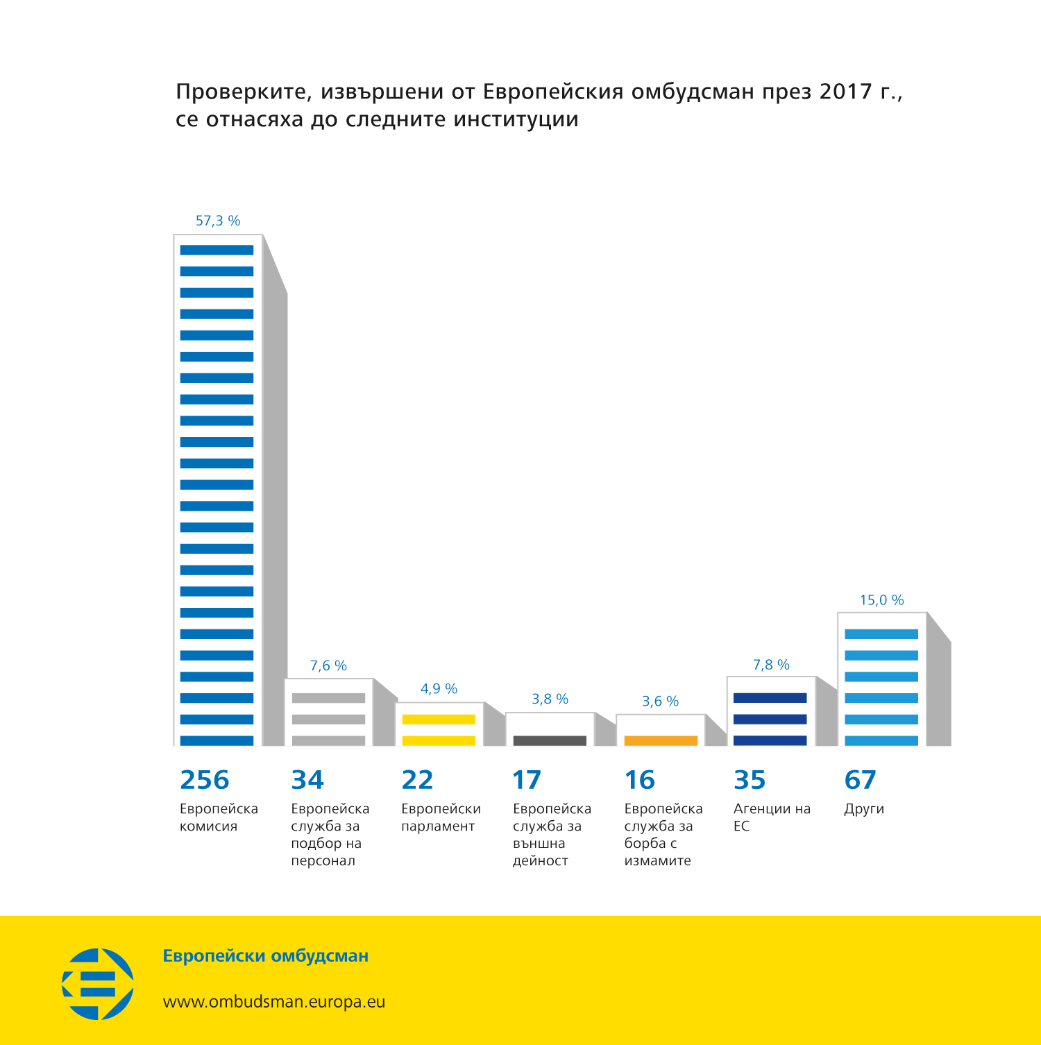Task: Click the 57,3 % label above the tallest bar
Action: (218, 221)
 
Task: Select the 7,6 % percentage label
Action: (328, 665)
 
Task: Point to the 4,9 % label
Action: (439, 688)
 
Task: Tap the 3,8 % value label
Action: (550, 699)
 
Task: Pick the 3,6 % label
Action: (660, 701)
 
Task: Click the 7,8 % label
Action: (771, 665)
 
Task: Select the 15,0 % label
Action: (881, 600)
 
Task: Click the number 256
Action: (204, 780)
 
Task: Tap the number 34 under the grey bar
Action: (307, 780)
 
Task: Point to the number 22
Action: (417, 780)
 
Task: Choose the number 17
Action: (527, 780)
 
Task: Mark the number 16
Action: (639, 780)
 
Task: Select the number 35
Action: (750, 780)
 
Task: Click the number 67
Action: (860, 780)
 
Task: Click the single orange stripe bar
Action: (661, 740)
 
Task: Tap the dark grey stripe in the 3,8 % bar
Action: (550, 740)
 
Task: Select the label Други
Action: (864, 809)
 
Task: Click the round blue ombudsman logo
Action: (98, 984)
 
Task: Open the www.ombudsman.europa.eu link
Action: (273, 1001)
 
